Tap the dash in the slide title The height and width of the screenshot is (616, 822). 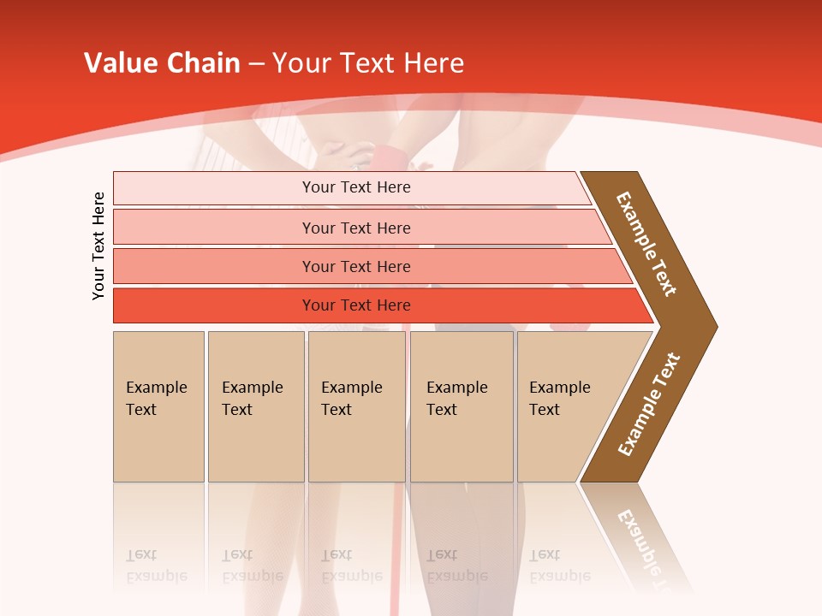257,64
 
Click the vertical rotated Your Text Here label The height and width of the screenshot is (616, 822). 98,246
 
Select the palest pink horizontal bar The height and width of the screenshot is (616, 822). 351,188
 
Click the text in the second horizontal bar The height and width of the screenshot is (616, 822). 356,228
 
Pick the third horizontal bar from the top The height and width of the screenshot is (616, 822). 368,266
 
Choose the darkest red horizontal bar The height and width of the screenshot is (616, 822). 377,305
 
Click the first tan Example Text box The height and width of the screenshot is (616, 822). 158,406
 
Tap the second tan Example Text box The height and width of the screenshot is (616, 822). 255,406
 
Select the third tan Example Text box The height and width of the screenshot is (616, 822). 356,406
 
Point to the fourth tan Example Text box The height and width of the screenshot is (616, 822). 462,406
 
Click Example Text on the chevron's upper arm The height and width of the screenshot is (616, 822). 646,244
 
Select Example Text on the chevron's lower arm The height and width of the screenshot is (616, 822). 649,405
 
